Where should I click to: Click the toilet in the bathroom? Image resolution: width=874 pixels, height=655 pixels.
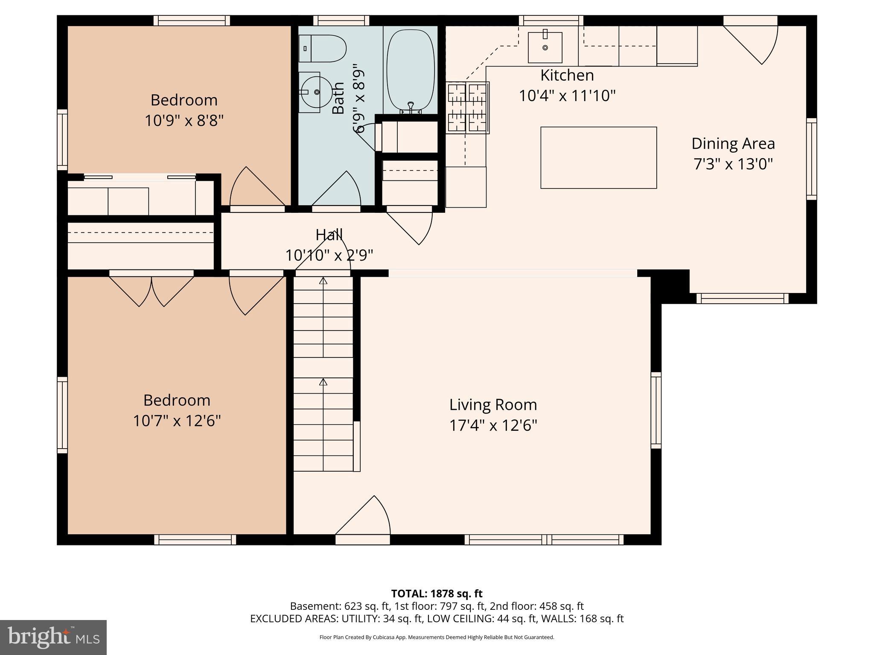pyautogui.click(x=323, y=48)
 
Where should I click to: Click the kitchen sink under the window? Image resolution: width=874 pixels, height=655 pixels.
pyautogui.click(x=545, y=47)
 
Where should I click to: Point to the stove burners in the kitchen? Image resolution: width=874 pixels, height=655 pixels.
pyautogui.click(x=467, y=107)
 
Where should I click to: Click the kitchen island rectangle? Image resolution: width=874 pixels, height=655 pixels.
pyautogui.click(x=598, y=158)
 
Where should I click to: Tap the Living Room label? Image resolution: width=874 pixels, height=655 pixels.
pyautogui.click(x=493, y=404)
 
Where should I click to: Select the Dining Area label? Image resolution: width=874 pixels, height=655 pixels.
pyautogui.click(x=733, y=143)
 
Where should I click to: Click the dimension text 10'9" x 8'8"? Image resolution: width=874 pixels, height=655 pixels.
pyautogui.click(x=184, y=121)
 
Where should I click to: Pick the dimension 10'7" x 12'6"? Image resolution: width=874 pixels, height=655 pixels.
pyautogui.click(x=177, y=421)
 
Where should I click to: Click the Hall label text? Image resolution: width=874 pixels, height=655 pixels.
pyautogui.click(x=329, y=235)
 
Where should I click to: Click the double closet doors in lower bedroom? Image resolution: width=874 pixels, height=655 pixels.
pyautogui.click(x=151, y=290)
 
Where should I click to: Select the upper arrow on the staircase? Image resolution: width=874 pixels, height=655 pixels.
pyautogui.click(x=323, y=281)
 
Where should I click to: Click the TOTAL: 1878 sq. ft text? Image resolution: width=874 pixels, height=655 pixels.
pyautogui.click(x=437, y=594)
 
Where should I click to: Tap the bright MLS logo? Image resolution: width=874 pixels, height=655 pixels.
pyautogui.click(x=53, y=637)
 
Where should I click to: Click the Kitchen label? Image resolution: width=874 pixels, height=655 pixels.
pyautogui.click(x=567, y=75)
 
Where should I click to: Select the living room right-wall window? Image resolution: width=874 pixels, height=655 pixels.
pyautogui.click(x=656, y=410)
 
